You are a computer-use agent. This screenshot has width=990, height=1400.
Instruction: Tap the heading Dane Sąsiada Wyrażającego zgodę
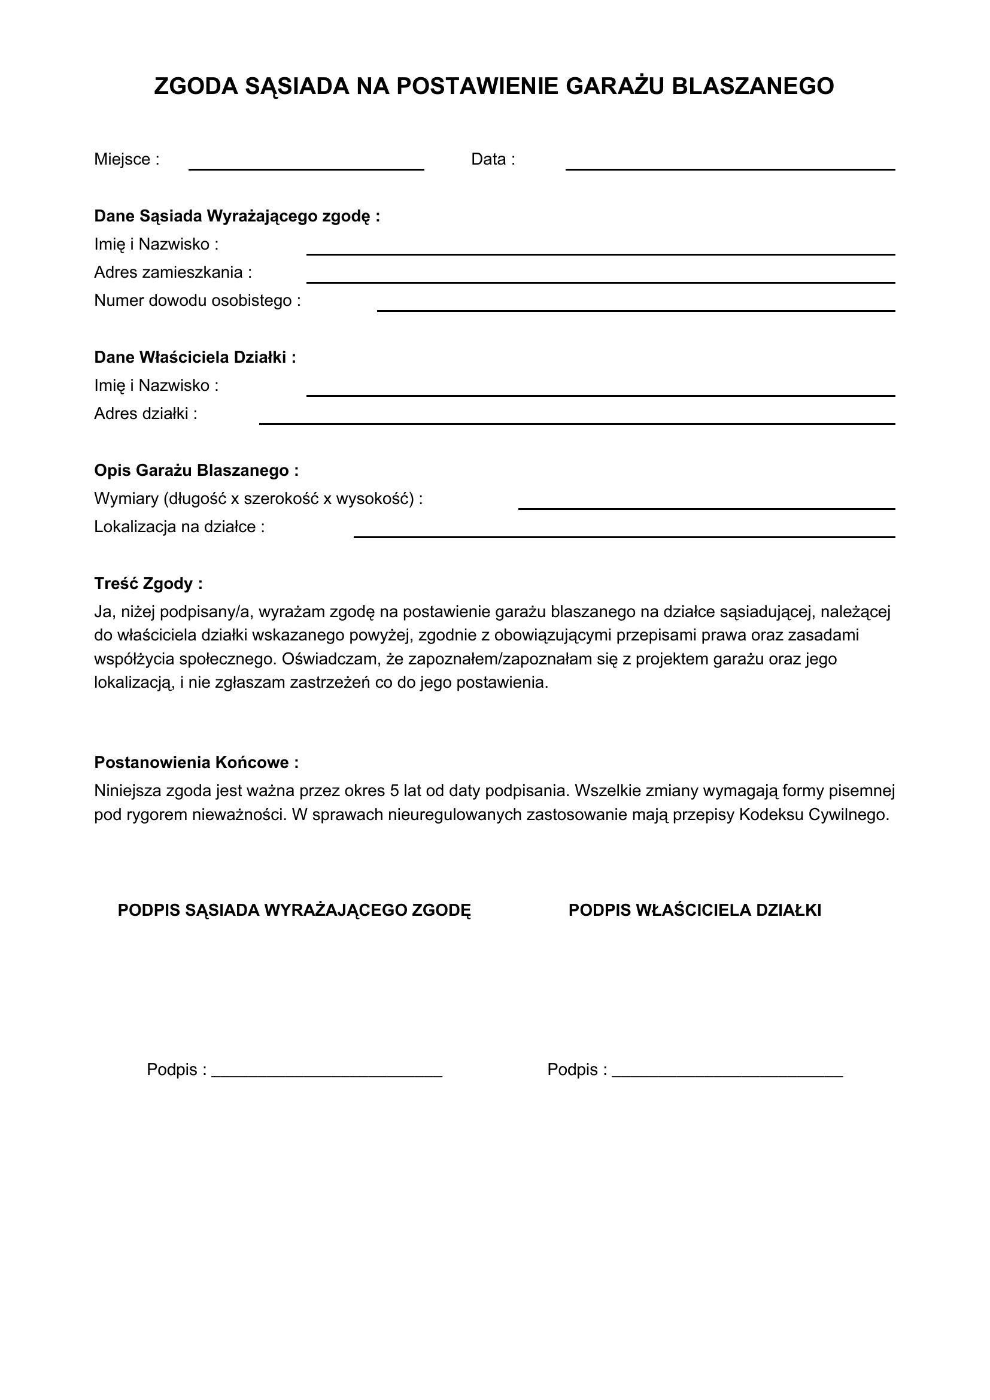click(x=236, y=217)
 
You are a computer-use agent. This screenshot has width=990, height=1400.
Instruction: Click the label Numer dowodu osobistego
click(x=197, y=301)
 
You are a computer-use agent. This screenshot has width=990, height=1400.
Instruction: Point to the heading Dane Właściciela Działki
click(x=195, y=357)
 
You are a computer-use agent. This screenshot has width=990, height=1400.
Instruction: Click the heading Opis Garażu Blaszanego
click(x=196, y=470)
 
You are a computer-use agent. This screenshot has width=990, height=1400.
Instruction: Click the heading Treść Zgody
click(x=148, y=584)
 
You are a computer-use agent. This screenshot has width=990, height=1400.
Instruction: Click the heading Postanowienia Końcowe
click(x=196, y=763)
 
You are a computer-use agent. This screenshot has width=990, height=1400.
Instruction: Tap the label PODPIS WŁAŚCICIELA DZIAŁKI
click(x=694, y=910)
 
